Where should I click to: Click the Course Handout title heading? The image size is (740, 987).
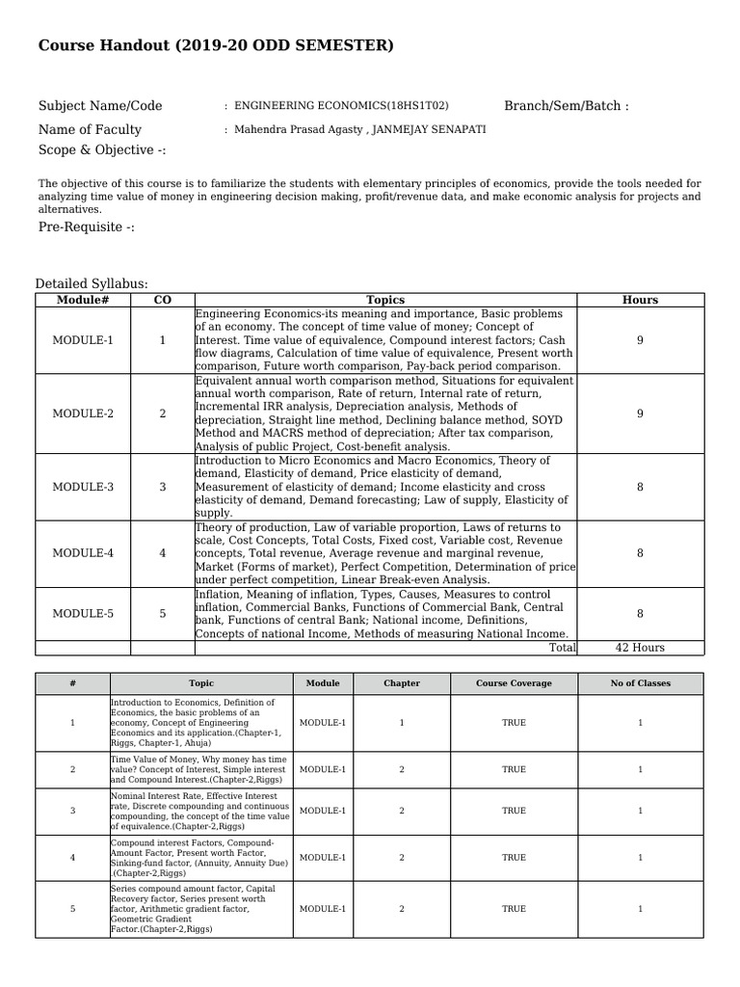216,46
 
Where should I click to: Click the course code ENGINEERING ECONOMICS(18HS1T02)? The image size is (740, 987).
341,106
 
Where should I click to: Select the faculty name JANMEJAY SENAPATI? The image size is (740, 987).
429,130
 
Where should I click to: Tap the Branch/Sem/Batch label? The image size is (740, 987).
566,106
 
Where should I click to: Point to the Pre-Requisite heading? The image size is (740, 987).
87,227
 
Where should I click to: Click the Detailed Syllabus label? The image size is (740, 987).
92,283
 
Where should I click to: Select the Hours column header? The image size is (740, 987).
640,300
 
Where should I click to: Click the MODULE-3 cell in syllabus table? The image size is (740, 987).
83,487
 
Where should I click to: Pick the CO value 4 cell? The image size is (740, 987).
162,553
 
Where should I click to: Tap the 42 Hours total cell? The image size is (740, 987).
640,648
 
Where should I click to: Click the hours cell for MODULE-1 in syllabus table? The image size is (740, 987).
640,340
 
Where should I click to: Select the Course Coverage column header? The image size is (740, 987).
514,683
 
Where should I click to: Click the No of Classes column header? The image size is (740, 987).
640,683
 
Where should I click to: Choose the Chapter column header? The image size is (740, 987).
402,683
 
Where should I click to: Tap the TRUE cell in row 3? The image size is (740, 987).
514,811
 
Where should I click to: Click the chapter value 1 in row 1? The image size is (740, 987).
402,723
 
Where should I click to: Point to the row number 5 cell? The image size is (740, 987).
72,909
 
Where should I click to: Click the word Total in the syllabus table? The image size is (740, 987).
562,648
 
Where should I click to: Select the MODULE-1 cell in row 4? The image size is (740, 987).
323,857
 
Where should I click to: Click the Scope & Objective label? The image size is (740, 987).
102,150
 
